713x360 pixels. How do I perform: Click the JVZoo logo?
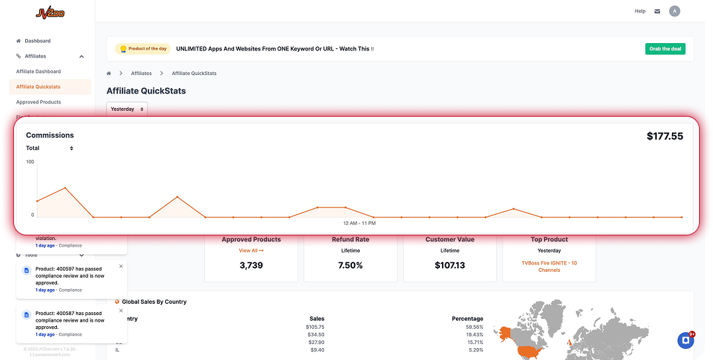tap(50, 12)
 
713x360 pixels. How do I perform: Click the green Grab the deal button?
tap(665, 49)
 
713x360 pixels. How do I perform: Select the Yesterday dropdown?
tap(127, 109)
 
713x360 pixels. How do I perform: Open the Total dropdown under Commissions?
tap(50, 148)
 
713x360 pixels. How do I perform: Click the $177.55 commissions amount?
tap(665, 136)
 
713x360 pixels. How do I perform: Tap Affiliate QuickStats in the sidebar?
tap(38, 87)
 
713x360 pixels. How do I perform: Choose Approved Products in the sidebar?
tap(38, 102)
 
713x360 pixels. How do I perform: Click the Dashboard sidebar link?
tap(37, 41)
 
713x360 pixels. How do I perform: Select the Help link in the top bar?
tap(639, 11)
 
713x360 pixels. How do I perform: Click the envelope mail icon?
tap(657, 11)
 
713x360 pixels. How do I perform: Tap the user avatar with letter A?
tap(675, 11)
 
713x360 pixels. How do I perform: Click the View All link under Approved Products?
tap(251, 251)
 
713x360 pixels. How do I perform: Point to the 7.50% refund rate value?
tap(350, 265)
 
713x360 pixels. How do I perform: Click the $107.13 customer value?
tap(449, 265)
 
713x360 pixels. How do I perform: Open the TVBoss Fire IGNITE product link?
tap(549, 267)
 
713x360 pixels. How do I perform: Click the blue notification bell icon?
tap(685, 340)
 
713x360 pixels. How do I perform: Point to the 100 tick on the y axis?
tap(30, 162)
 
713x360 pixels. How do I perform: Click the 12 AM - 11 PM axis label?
tap(360, 223)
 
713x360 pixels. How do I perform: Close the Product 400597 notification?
tap(121, 266)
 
